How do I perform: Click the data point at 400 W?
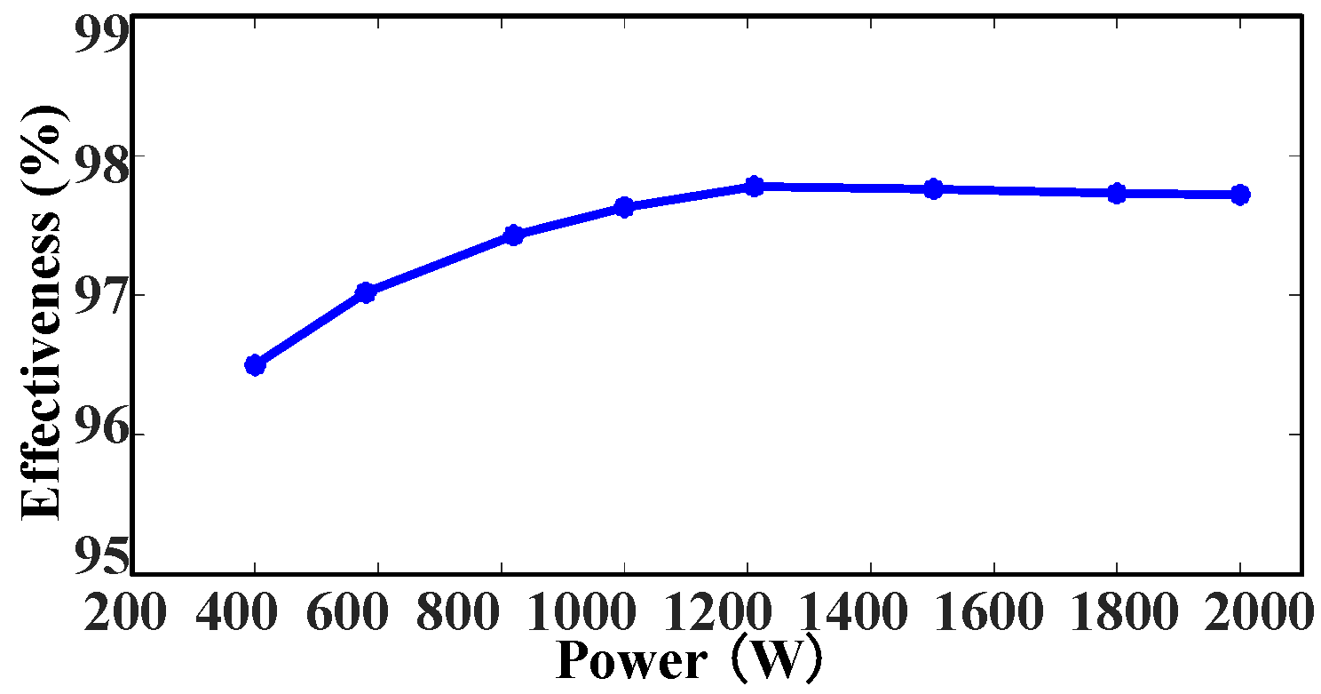[x=255, y=364]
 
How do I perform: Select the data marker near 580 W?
[x=365, y=291]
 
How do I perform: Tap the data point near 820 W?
[x=513, y=235]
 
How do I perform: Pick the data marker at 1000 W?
[x=623, y=207]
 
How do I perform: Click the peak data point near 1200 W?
[x=754, y=186]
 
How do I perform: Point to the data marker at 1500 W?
[x=933, y=188]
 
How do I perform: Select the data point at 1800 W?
[x=1117, y=193]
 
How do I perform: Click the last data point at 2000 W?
[x=1240, y=195]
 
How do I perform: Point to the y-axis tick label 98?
[x=101, y=156]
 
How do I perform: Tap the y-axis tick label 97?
[x=101, y=295]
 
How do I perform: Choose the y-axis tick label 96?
[x=101, y=434]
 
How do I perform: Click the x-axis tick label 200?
[x=125, y=613]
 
